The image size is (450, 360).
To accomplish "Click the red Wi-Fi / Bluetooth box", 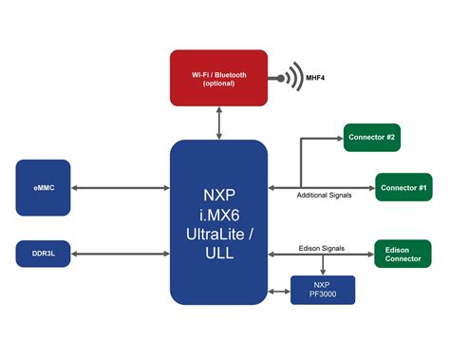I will [x=218, y=78].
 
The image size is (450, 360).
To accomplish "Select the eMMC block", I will [x=44, y=186].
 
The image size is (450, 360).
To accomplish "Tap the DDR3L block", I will [x=44, y=254].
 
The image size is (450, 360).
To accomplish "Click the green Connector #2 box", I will [x=371, y=137].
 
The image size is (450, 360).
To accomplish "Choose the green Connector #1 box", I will [x=403, y=186].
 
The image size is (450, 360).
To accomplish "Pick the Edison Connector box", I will [x=403, y=254].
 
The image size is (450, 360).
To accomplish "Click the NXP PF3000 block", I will [x=322, y=290].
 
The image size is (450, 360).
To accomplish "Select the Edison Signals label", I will [x=320, y=247].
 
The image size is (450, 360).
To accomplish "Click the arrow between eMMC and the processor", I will [x=121, y=186].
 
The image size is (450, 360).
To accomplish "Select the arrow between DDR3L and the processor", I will [x=121, y=254].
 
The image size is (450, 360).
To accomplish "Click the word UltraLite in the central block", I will [x=218, y=233].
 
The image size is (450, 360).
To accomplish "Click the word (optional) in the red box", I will [x=218, y=84].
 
